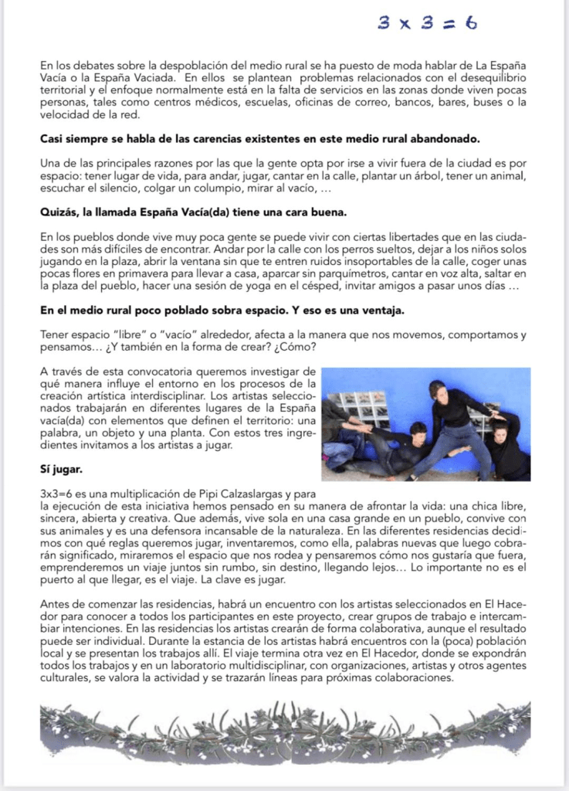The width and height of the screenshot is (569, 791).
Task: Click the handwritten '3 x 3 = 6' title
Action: click(427, 23)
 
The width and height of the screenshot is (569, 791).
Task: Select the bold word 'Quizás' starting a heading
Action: click(59, 212)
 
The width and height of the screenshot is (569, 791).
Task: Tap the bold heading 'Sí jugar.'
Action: click(60, 469)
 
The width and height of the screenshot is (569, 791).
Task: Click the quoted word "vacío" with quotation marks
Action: click(151, 334)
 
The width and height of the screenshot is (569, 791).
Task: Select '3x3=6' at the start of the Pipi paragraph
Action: click(56, 492)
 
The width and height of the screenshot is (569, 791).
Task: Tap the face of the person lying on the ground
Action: click(418, 429)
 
